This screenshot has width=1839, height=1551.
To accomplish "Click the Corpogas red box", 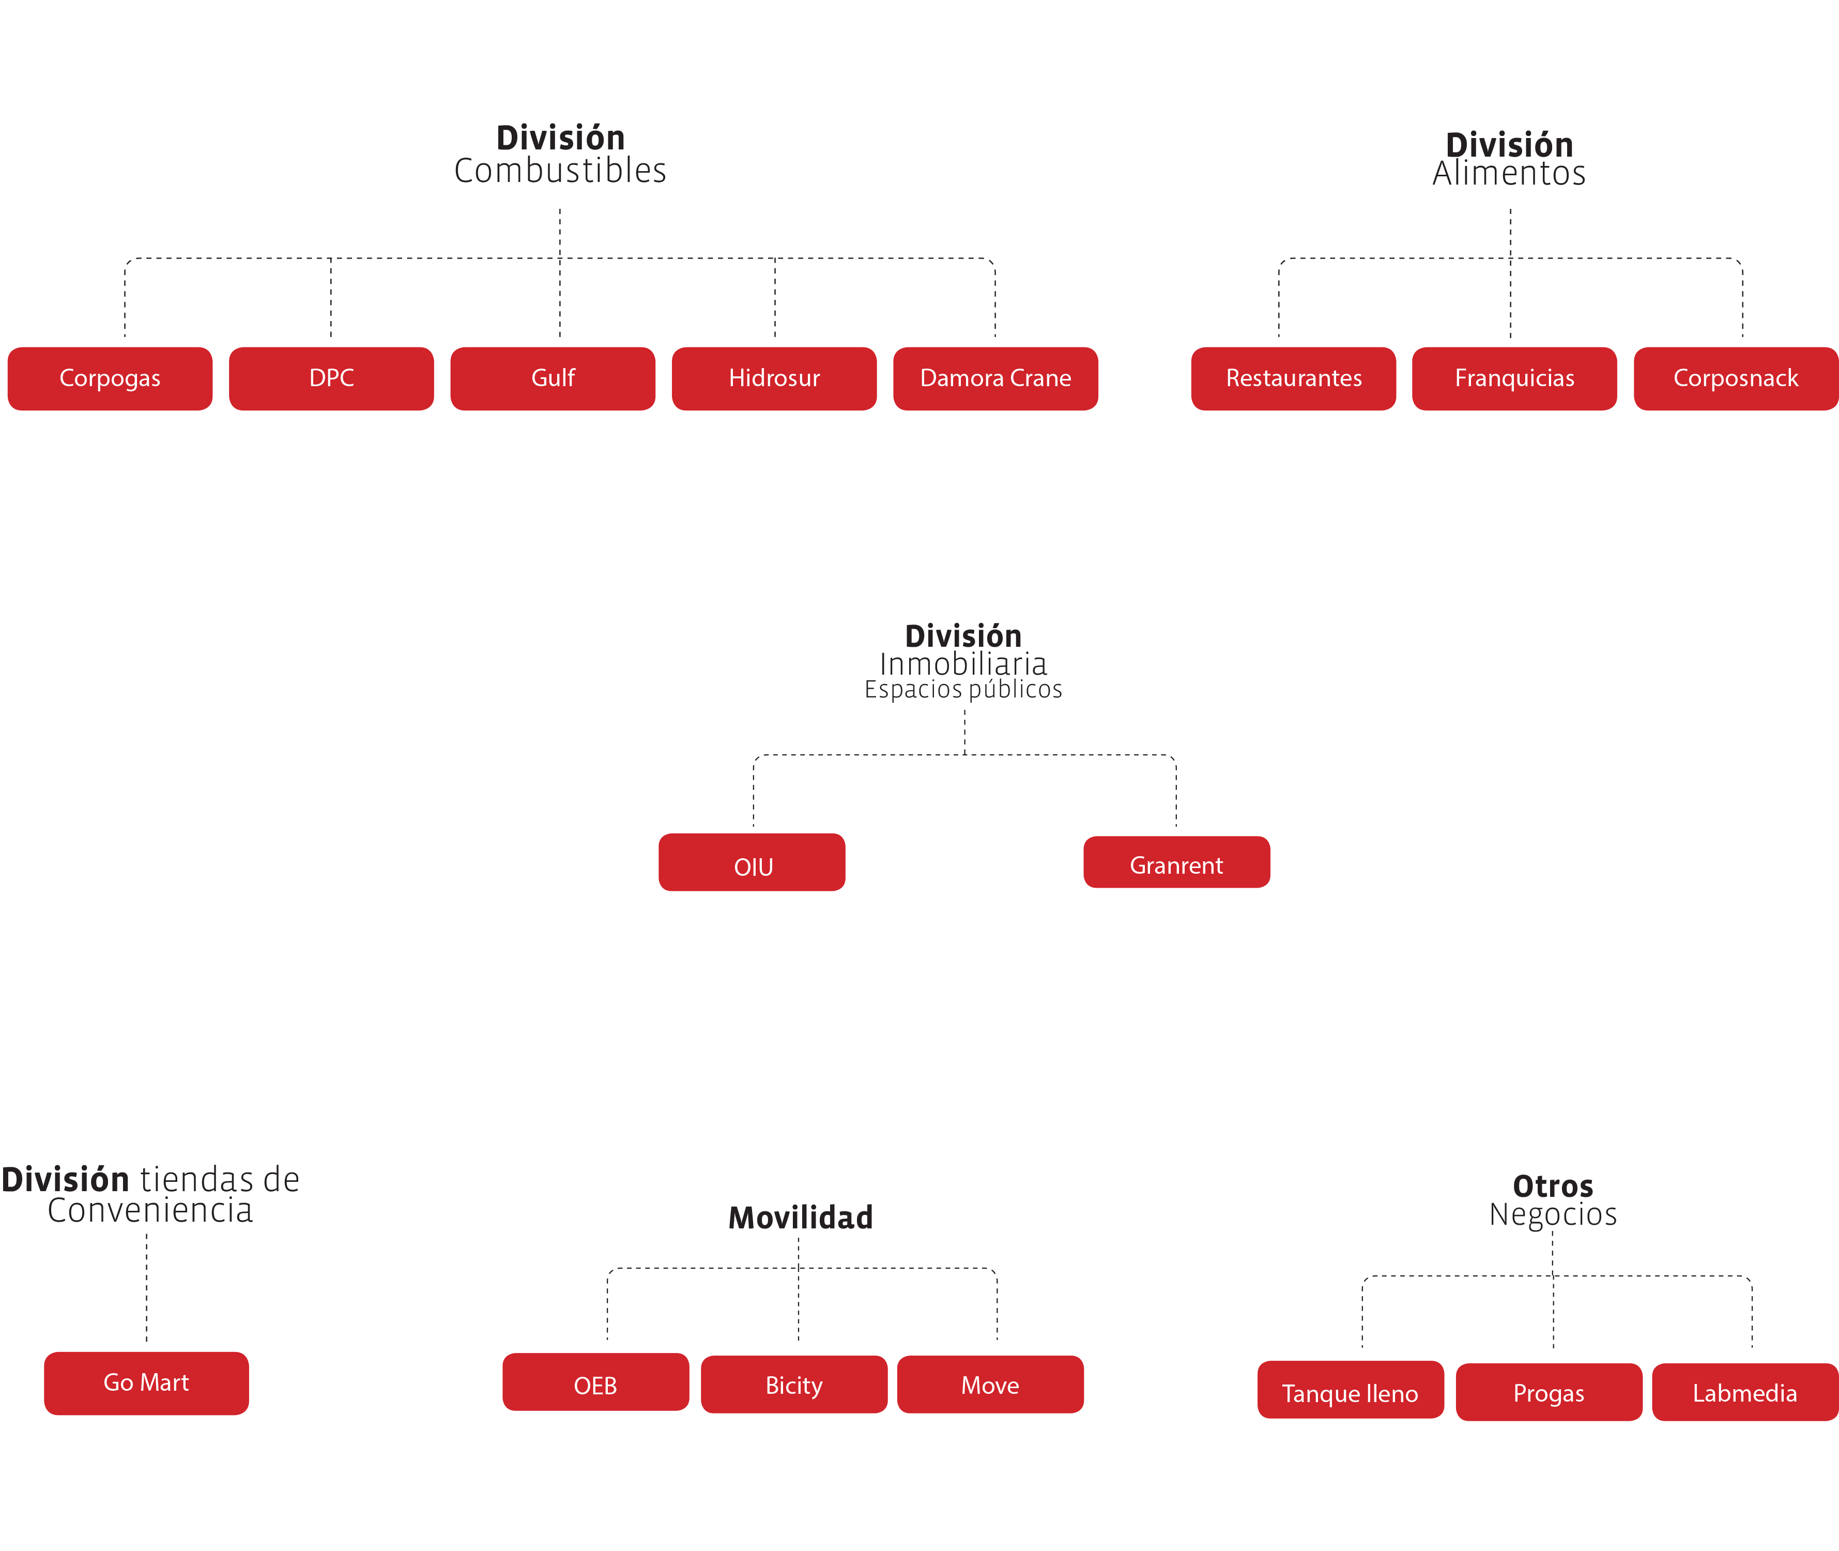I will [x=110, y=378].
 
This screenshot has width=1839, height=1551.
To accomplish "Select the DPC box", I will [x=331, y=378].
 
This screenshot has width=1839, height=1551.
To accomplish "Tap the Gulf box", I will [x=553, y=378].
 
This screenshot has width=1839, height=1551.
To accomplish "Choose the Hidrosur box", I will [x=774, y=378].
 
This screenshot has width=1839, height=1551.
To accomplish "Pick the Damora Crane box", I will [x=996, y=378].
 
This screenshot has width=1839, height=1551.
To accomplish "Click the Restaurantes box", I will [x=1294, y=378].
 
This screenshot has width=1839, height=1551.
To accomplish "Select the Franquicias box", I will [x=1514, y=378].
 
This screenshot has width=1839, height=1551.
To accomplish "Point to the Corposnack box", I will [x=1736, y=378].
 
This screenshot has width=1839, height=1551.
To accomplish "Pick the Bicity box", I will [x=794, y=1385].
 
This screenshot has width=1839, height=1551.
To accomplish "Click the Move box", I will [x=990, y=1385].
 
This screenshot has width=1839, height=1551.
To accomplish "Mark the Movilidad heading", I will [x=801, y=1218].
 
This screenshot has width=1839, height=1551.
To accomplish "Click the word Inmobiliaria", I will [x=963, y=664].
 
